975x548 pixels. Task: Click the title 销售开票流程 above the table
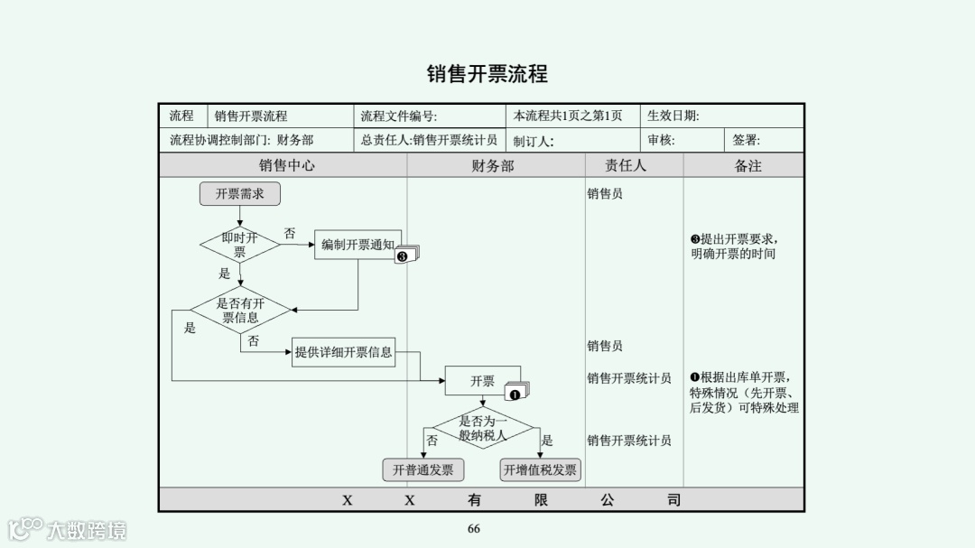[487, 74]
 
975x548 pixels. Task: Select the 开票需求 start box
[239, 194]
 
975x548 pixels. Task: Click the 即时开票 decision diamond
[239, 245]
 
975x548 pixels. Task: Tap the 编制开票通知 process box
[357, 245]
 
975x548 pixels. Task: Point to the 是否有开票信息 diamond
[240, 311]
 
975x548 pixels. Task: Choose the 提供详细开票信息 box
[344, 352]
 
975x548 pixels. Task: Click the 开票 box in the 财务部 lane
[482, 381]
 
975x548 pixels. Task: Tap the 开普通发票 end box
[423, 470]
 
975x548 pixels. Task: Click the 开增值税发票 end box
[540, 470]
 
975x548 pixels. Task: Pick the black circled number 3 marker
[403, 256]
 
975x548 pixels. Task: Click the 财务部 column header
[493, 166]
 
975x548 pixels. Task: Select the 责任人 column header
[626, 166]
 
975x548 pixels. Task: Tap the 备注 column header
[747, 166]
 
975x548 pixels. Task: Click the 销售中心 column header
[287, 166]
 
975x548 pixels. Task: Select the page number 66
[474, 529]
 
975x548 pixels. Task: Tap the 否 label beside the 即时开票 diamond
[290, 234]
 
